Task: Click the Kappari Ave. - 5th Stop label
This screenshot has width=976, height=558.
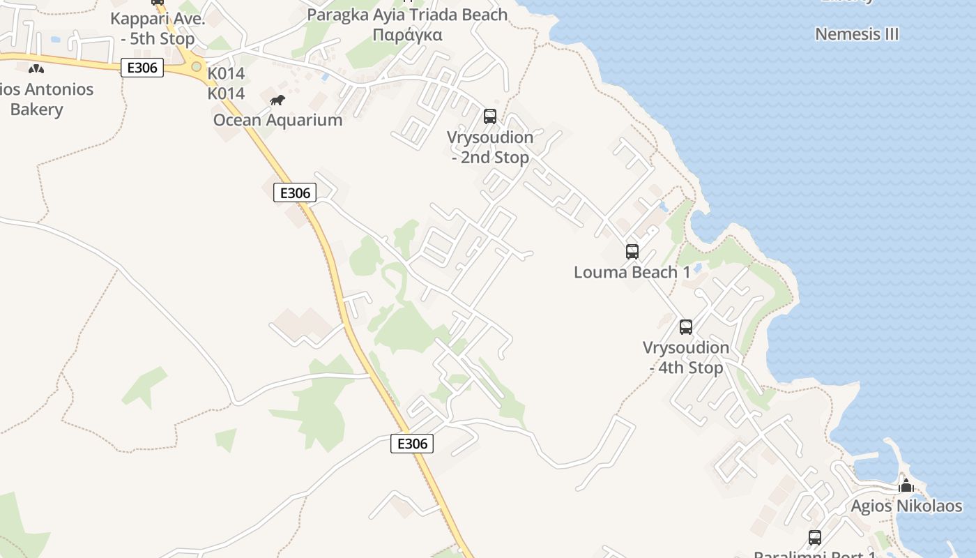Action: (x=158, y=29)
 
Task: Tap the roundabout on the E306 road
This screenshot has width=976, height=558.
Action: (x=197, y=67)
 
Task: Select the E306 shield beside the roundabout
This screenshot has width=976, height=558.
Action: (x=142, y=68)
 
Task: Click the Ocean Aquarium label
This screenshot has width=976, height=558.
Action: (x=277, y=120)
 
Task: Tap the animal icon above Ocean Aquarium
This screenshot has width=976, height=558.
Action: (x=277, y=100)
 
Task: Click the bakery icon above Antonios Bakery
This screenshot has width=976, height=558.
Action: (x=36, y=69)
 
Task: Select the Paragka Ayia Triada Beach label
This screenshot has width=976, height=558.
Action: (x=407, y=15)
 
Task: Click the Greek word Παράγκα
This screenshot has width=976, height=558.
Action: (x=407, y=35)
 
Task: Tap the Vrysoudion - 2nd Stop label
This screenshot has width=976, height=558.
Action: (x=490, y=147)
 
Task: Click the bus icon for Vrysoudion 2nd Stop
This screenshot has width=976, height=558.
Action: (x=490, y=116)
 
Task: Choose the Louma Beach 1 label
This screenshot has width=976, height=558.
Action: (x=632, y=272)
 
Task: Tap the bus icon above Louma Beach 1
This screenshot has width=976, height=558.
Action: (x=632, y=252)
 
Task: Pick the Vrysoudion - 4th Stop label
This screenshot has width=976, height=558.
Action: (x=686, y=357)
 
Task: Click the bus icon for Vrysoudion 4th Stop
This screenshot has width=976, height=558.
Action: (x=686, y=326)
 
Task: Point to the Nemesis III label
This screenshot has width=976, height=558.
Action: (x=857, y=33)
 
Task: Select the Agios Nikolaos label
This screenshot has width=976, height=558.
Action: (x=906, y=506)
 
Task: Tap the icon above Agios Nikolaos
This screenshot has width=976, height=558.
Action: (x=906, y=485)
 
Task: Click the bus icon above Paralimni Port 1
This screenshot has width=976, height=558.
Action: (x=814, y=538)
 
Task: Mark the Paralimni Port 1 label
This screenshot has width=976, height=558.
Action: (x=814, y=554)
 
